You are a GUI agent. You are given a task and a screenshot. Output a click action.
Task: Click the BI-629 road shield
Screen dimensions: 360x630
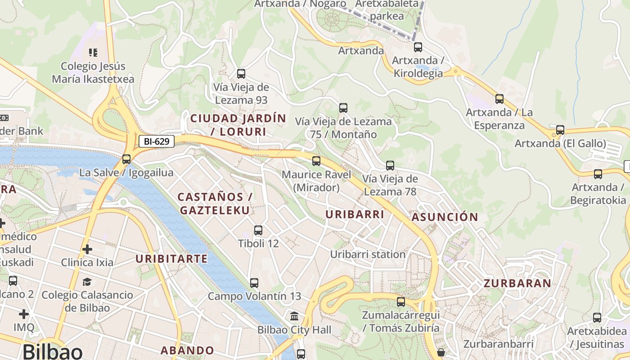pyautogui.click(x=156, y=142)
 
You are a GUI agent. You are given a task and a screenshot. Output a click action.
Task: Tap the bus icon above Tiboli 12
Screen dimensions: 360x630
pyautogui.click(x=258, y=230)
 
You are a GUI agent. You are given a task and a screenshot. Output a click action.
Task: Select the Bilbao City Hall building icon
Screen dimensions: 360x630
pyautogui.click(x=295, y=316)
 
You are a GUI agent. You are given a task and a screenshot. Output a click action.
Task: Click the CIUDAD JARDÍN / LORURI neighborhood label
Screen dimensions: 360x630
pyautogui.click(x=238, y=125)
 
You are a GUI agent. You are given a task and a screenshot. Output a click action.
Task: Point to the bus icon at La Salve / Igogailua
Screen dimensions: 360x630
pyautogui.click(x=126, y=159)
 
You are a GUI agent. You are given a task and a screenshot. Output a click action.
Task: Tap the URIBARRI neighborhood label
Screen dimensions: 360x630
pyautogui.click(x=355, y=215)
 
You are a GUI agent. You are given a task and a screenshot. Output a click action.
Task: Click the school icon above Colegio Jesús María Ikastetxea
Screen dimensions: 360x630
pyautogui.click(x=93, y=53)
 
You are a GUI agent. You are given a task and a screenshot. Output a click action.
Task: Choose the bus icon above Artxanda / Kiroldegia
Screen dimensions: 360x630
pyautogui.click(x=418, y=47)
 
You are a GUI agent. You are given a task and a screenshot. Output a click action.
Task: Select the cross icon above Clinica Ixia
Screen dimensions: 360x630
pyautogui.click(x=87, y=249)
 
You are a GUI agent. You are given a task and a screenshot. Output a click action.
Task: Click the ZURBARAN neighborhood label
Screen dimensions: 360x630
pyautogui.click(x=517, y=283)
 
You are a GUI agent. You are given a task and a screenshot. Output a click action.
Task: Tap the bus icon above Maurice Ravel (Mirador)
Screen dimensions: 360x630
pyautogui.click(x=316, y=161)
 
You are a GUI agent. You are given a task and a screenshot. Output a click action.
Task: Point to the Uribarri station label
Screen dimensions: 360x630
pyautogui.click(x=368, y=254)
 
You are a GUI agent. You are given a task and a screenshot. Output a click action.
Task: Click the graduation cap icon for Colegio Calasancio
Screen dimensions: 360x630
pyautogui.click(x=87, y=282)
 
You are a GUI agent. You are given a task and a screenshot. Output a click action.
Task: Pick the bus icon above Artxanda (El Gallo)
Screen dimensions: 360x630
pyautogui.click(x=560, y=130)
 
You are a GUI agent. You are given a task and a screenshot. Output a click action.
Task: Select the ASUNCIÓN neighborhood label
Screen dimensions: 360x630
pyautogui.click(x=445, y=217)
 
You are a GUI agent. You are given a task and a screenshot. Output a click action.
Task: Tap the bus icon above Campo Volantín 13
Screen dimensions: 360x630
pyautogui.click(x=254, y=283)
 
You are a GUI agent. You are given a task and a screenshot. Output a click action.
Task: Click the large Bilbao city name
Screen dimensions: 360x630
pyautogui.click(x=52, y=351)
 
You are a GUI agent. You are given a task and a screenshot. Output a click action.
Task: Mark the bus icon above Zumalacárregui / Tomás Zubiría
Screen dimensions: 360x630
pyautogui.click(x=401, y=302)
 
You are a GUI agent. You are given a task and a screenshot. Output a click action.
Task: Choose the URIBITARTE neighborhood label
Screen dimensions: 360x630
pyautogui.click(x=171, y=259)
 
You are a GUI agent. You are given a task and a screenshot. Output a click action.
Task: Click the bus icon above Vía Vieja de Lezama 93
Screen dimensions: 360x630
pyautogui.click(x=241, y=73)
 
